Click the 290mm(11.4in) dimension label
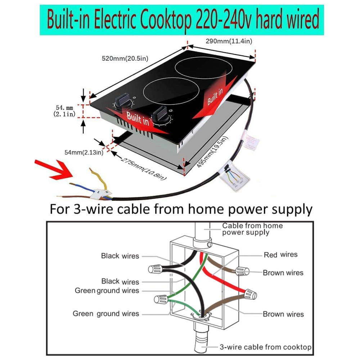[x=229, y=41]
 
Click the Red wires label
[x=280, y=255]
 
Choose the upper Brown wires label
[x=283, y=273]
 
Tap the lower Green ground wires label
[x=106, y=314]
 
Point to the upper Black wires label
[x=120, y=256]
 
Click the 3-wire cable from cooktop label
[x=265, y=347]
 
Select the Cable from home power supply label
[x=252, y=229]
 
